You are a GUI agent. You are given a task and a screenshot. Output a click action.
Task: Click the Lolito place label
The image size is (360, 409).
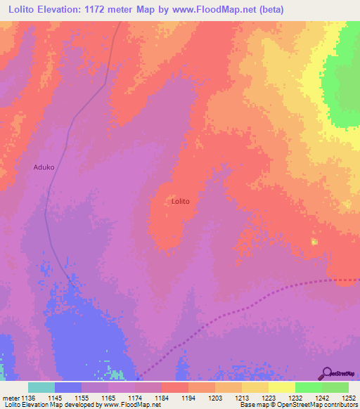click(x=181, y=201)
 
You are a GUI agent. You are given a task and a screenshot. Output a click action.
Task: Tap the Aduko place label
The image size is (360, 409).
click(x=44, y=167)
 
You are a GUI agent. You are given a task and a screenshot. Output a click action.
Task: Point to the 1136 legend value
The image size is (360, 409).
click(x=28, y=398)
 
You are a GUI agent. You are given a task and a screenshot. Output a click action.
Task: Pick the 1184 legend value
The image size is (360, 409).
click(x=160, y=398)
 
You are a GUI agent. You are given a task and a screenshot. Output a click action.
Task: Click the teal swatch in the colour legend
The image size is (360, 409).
click(x=41, y=387)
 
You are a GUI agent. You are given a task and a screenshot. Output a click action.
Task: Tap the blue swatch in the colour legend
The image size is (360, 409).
click(x=68, y=387)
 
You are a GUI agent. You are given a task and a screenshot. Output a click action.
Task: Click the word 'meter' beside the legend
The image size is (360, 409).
click(x=10, y=398)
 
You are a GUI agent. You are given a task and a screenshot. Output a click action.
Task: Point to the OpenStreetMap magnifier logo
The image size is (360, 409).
click(x=326, y=373)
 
